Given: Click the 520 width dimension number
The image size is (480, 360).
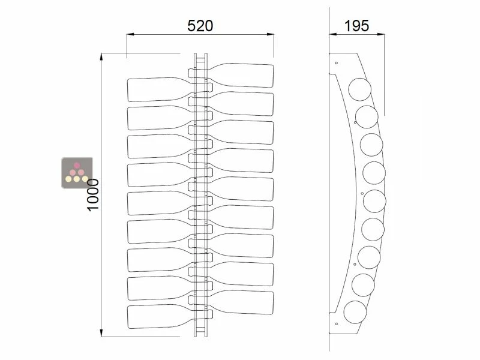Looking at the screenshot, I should point(200,25).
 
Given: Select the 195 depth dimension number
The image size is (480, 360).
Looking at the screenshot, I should point(356,25).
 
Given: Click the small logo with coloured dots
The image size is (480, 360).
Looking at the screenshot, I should point(77,172).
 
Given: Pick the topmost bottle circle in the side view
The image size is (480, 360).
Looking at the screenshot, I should point(360,90).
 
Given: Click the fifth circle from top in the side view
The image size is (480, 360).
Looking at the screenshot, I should point(374,200).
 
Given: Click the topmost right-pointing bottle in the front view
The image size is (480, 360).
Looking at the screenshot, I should point(243,75).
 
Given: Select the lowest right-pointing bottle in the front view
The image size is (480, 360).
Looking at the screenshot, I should point(243,302).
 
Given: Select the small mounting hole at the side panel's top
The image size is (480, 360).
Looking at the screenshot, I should point(337,62).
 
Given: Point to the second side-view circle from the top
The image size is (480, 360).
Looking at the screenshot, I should point(367,116).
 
